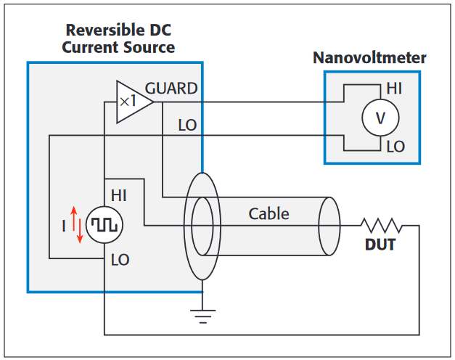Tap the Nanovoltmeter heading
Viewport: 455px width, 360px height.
pyautogui.click(x=369, y=57)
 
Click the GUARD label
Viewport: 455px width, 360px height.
pyautogui.click(x=171, y=89)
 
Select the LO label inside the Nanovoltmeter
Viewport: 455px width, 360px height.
pyautogui.click(x=395, y=147)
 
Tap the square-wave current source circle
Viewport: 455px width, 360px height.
pyautogui.click(x=104, y=225)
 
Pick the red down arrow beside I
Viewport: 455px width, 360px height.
pyautogui.click(x=80, y=234)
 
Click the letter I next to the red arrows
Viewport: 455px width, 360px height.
pyautogui.click(x=63, y=226)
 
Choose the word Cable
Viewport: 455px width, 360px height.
pyautogui.click(x=269, y=213)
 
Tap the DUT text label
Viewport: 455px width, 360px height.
pyautogui.click(x=380, y=245)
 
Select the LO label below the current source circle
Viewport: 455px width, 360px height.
pyautogui.click(x=120, y=259)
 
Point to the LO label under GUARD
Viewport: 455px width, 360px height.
pyautogui.click(x=187, y=125)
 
